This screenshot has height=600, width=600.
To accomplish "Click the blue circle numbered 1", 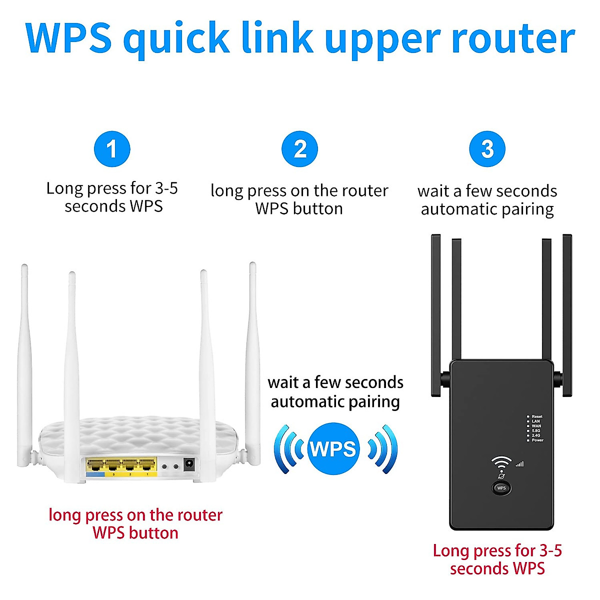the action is (x=112, y=149).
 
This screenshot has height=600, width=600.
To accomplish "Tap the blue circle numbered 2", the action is (x=299, y=149).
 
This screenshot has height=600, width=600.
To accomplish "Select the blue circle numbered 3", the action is (x=487, y=149).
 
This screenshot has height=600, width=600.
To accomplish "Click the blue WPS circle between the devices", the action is (x=333, y=448).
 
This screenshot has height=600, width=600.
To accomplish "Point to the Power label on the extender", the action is (x=537, y=440).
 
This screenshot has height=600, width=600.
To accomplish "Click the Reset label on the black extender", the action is (x=537, y=416).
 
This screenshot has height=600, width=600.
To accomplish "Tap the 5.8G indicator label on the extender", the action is (x=536, y=430).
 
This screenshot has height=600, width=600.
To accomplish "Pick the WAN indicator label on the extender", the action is (x=536, y=426).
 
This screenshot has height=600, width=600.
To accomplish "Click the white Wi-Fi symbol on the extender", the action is (x=501, y=463).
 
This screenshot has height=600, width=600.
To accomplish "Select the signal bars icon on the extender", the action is (x=519, y=464).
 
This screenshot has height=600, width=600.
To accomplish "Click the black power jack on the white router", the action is (x=189, y=464).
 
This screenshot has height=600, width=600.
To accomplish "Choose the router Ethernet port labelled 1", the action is (x=147, y=465).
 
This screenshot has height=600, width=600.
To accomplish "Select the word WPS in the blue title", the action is (x=68, y=39).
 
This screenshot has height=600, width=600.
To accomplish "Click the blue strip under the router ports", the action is (x=95, y=473).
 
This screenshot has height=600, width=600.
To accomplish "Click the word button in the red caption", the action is (x=154, y=533).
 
